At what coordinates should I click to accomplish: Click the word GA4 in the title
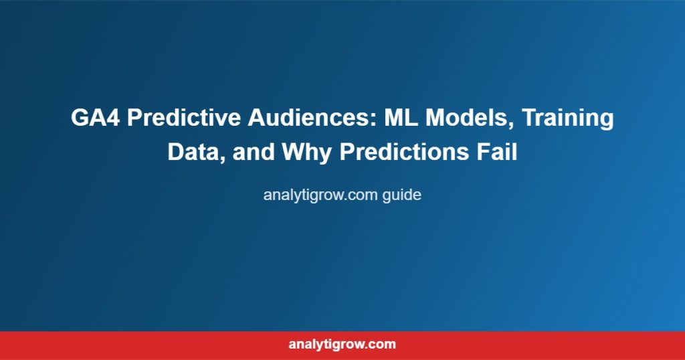point(95,118)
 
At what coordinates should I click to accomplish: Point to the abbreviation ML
point(401,118)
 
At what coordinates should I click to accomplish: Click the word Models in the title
point(470,118)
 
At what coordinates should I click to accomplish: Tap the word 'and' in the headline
point(254,153)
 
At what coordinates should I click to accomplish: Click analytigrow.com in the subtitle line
point(320,195)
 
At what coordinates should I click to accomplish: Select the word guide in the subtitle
point(402,195)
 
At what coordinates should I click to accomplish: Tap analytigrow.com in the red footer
point(342,344)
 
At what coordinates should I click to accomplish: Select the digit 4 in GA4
point(112,118)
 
